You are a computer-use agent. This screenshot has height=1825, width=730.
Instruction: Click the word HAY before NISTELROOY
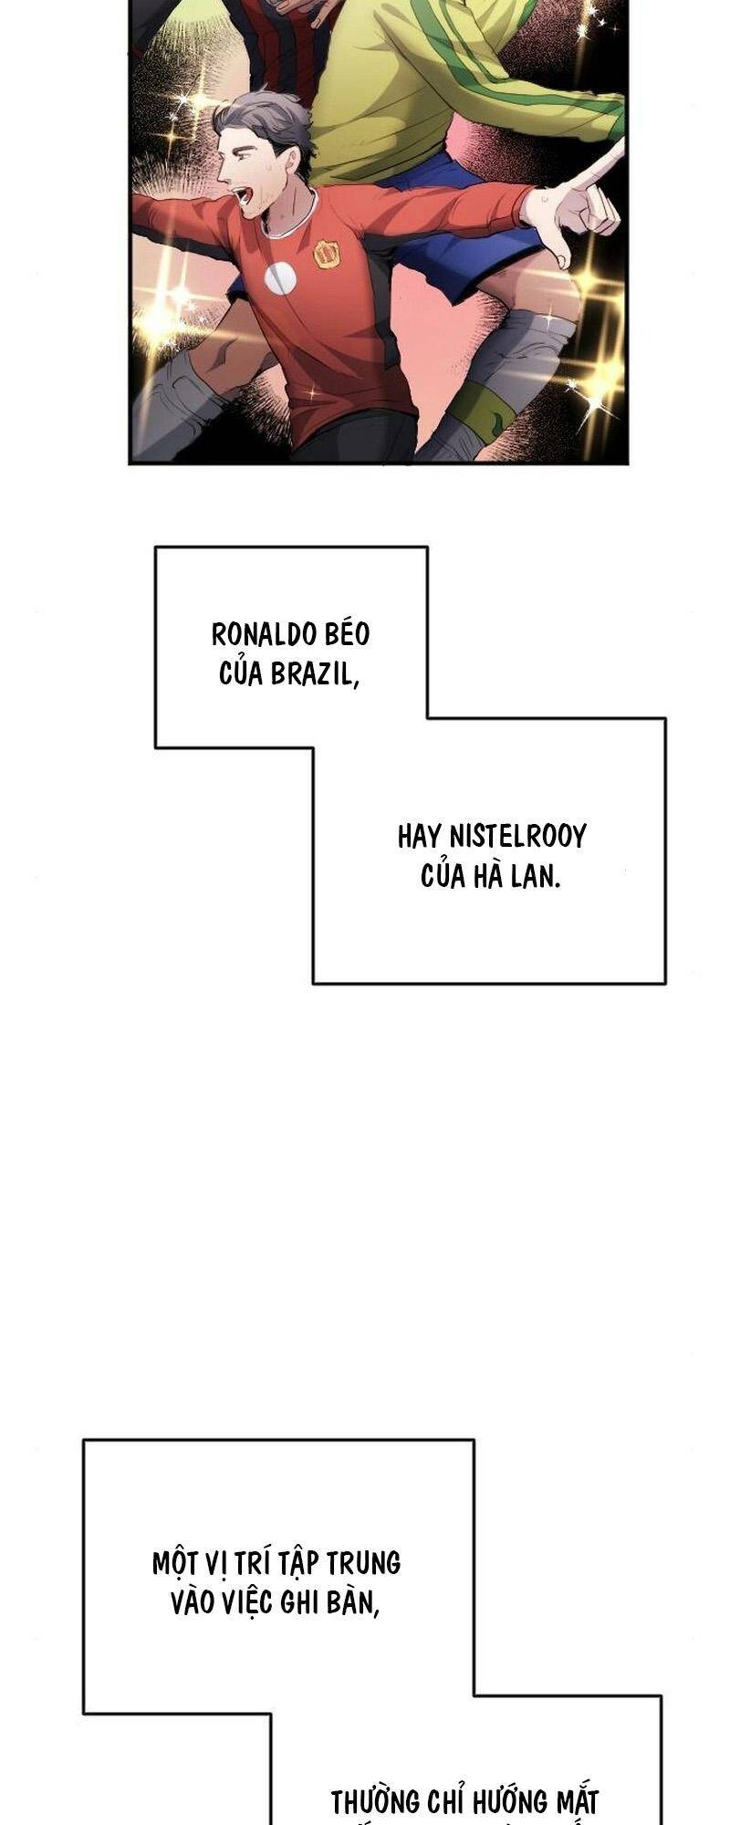420,836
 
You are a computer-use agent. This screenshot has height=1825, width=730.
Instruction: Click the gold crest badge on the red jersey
327,255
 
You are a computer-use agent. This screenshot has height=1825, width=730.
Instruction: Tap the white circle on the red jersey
280,276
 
